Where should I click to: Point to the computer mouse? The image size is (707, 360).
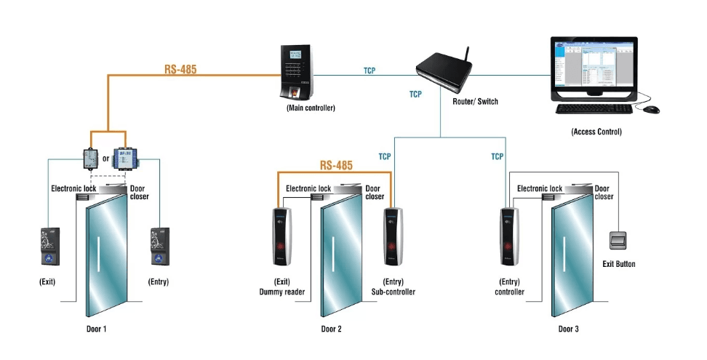pos(650,109)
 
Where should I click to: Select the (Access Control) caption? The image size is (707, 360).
pos(596,132)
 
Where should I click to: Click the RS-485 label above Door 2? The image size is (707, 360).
pos(336,166)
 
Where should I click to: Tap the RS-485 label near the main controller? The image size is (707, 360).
pos(180,71)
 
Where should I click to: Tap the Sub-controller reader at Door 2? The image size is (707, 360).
pos(393,237)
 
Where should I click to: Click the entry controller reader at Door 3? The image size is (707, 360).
pos(509,237)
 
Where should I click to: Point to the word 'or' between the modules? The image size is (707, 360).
pos(106,158)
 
